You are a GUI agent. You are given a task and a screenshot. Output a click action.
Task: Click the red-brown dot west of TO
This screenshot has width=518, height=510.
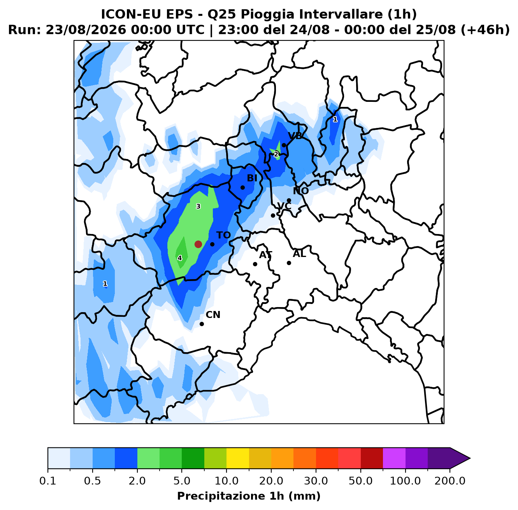tap(198, 244)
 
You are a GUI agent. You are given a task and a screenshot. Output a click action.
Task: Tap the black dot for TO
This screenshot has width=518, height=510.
tap(212, 244)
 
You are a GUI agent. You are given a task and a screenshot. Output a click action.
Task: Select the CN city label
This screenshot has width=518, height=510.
tap(213, 314)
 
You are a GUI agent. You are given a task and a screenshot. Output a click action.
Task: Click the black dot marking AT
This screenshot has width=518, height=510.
tap(255, 264)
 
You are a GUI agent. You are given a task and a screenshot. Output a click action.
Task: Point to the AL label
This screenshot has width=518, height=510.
tap(299, 254)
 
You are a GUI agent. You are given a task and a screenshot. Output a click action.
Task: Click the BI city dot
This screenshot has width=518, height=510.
tap(242, 187)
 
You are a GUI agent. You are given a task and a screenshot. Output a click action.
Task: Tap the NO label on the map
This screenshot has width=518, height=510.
tap(301, 191)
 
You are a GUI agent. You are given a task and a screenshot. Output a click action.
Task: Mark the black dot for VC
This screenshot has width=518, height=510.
tap(273, 215)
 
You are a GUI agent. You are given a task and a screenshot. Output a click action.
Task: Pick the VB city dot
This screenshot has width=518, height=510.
tap(284, 145)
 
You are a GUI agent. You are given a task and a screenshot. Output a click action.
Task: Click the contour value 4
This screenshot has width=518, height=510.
tap(179, 258)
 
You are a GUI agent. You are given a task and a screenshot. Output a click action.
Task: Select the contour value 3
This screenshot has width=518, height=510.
tap(198, 206)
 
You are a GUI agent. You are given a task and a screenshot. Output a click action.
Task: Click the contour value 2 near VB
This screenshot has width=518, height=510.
tap(276, 154)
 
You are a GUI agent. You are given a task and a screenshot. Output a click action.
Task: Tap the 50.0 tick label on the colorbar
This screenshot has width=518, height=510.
tap(360, 481)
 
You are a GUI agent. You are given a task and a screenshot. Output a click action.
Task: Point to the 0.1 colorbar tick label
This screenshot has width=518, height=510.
tap(48, 481)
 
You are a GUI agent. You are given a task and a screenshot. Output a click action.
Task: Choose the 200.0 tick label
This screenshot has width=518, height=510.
tap(450, 481)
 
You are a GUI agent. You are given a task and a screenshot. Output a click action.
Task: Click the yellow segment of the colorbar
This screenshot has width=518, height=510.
tap(238, 458)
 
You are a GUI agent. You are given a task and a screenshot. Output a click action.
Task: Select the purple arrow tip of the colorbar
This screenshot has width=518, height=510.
tap(470, 458)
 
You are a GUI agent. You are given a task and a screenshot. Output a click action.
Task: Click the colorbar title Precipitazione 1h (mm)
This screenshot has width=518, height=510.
tap(249, 496)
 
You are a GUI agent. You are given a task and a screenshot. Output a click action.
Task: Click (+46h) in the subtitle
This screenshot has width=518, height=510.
tap(485, 30)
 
